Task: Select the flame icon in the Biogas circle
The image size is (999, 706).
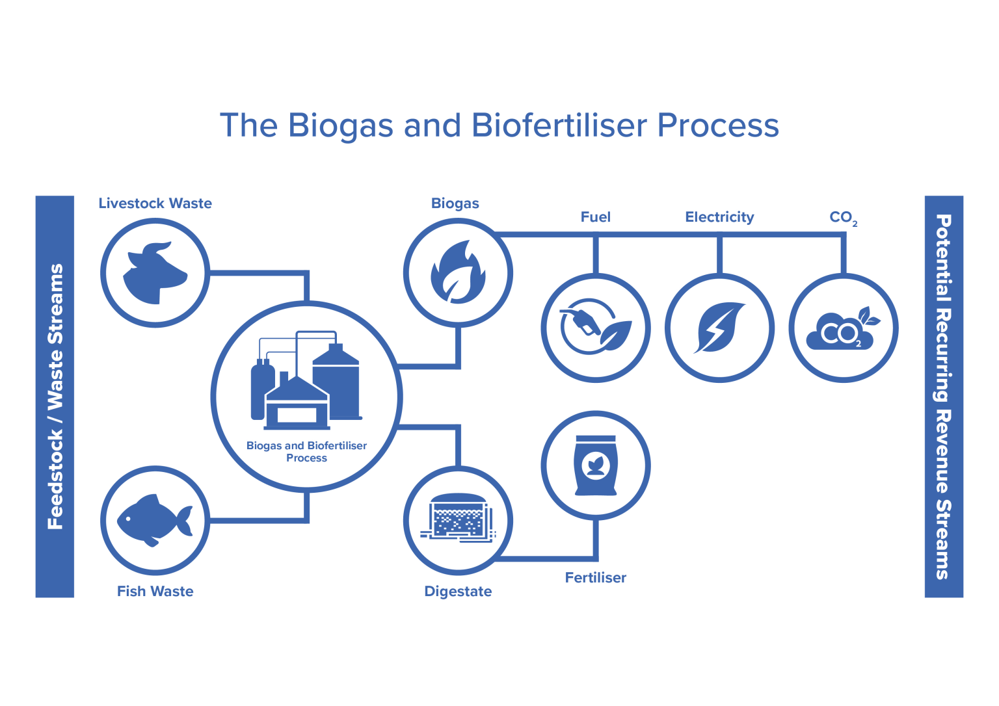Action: pyautogui.click(x=458, y=273)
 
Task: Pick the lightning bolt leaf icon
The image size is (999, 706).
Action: pyautogui.click(x=719, y=328)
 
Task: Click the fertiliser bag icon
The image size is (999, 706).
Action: pyautogui.click(x=595, y=465)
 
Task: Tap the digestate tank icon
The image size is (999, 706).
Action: pyautogui.click(x=458, y=519)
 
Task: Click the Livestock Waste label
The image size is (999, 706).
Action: pyautogui.click(x=155, y=203)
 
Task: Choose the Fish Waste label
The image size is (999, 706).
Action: pyautogui.click(x=155, y=591)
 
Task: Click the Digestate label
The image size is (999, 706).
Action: pyautogui.click(x=458, y=591)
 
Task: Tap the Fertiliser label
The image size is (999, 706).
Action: pyautogui.click(x=595, y=577)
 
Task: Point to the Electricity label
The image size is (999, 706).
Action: pyautogui.click(x=719, y=217)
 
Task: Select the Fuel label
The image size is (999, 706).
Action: pyautogui.click(x=595, y=217)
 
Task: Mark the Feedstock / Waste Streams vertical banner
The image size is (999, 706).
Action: pyautogui.click(x=55, y=397)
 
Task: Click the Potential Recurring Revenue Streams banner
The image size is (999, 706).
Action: pyautogui.click(x=943, y=397)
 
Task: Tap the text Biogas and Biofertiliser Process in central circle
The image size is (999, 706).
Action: pyautogui.click(x=306, y=451)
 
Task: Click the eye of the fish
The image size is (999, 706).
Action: pyautogui.click(x=128, y=518)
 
